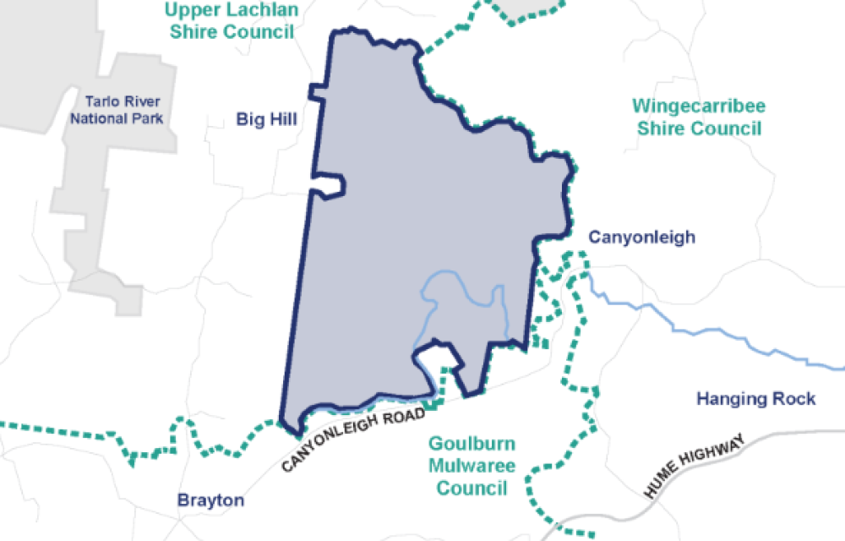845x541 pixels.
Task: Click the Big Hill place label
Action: [266, 119]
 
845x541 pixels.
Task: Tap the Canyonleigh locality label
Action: [641, 237]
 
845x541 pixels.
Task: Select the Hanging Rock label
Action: [755, 398]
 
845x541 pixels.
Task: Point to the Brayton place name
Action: [211, 500]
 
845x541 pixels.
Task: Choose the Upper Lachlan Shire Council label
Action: [231, 21]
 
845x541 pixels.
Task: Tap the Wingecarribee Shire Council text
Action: [699, 117]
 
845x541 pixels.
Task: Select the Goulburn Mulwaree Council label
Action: [472, 466]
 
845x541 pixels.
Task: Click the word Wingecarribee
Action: [699, 107]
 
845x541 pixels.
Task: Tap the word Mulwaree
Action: [472, 466]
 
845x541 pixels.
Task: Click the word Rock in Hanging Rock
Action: [797, 398]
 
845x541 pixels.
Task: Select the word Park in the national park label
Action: [147, 118]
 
